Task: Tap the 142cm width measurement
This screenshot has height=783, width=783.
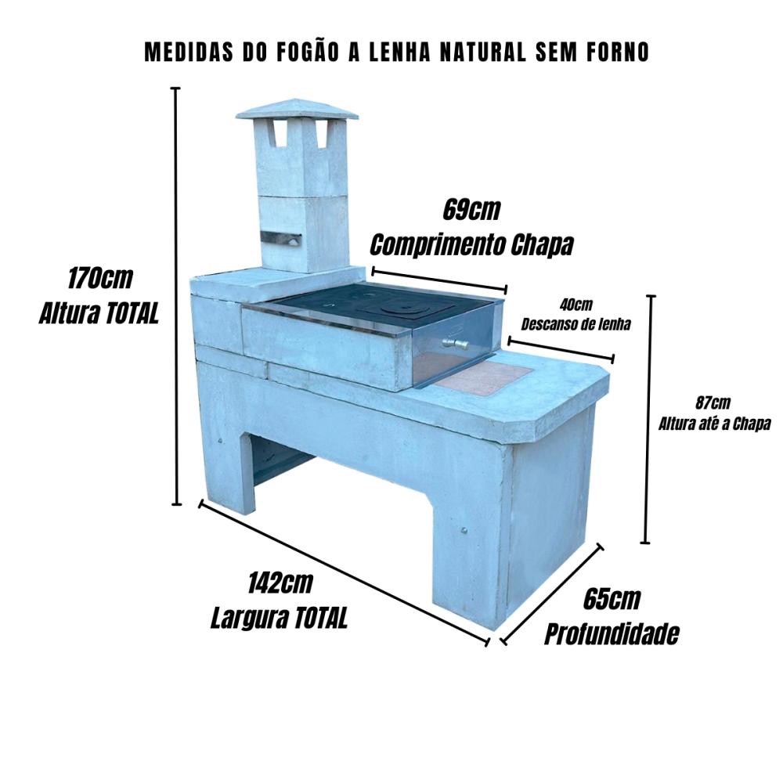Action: (x=280, y=583)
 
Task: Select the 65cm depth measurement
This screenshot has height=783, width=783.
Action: (x=612, y=599)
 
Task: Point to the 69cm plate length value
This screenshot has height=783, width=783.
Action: (x=471, y=210)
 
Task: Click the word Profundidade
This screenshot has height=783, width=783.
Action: (x=612, y=634)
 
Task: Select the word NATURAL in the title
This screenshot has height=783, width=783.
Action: (x=483, y=52)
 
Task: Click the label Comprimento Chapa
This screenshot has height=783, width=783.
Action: (x=471, y=244)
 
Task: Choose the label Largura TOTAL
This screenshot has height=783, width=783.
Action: (x=279, y=619)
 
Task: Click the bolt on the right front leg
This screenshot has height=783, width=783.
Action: (x=465, y=530)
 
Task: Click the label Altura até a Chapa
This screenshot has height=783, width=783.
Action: (x=715, y=424)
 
